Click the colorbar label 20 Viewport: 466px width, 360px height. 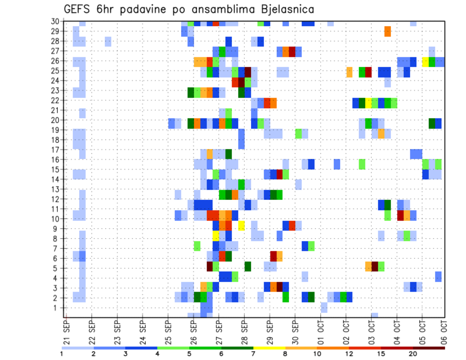pyautogui.click(x=413, y=354)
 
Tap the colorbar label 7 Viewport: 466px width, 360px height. pyautogui.click(x=253, y=354)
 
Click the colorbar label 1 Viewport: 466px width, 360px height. pyautogui.click(x=62, y=354)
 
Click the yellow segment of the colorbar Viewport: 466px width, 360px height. pyautogui.click(x=269, y=348)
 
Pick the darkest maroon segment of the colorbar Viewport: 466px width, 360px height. pyautogui.click(x=429, y=348)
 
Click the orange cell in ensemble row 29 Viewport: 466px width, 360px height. pyautogui.click(x=387, y=31)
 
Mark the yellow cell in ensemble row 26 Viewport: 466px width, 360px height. pyautogui.click(x=425, y=62)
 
